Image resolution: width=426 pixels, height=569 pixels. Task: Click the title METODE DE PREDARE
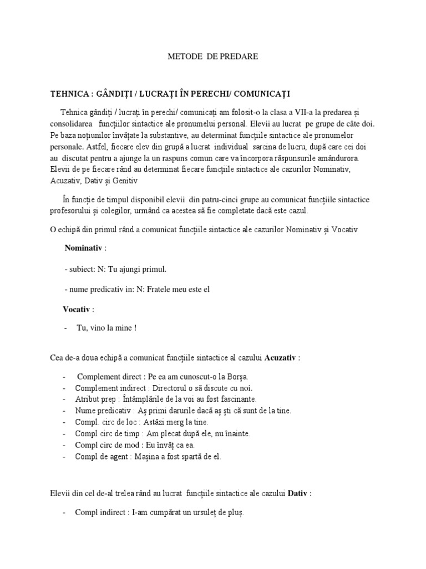click(x=213, y=57)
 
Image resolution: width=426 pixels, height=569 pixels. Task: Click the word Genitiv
click(x=125, y=181)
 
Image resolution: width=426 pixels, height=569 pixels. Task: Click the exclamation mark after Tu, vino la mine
click(x=135, y=328)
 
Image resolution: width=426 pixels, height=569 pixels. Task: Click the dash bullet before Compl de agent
click(x=64, y=457)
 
